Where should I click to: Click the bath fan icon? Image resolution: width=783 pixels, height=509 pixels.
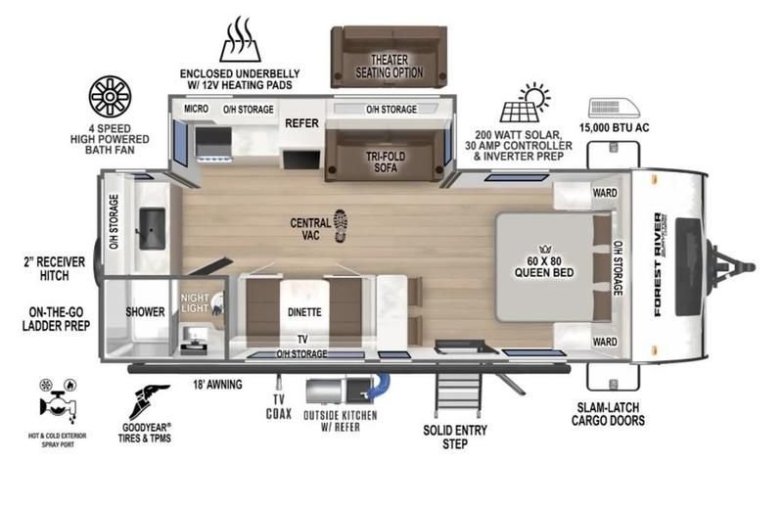coord(110,97)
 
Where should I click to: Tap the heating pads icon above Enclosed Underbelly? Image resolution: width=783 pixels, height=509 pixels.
coord(240,39)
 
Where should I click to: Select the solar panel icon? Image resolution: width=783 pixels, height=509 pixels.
coord(526,103)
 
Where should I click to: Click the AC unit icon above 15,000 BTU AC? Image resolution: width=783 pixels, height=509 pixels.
coord(615,108)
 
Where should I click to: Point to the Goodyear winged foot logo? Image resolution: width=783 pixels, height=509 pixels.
coord(149,401)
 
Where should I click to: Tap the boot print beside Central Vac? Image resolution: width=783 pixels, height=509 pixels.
coord(341,226)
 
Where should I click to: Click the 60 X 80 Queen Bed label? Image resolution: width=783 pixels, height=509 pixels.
coord(544,267)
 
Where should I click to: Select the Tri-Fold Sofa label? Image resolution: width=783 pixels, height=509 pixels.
coord(386,162)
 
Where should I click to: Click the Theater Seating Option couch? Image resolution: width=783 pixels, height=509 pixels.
coord(389,57)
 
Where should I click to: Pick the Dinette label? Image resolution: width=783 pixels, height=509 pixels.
coord(304,312)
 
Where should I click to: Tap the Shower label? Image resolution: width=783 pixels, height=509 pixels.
coord(145,311)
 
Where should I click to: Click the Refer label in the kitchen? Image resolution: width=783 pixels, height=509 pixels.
coord(301,123)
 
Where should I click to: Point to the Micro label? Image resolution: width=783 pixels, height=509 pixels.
coord(197,109)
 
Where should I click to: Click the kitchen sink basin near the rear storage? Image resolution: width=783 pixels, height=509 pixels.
coord(152,228)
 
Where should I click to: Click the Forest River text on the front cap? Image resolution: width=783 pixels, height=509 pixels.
coord(659,264)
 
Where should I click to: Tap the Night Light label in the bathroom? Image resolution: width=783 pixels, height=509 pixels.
coord(195,302)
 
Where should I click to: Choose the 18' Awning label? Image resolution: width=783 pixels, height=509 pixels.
coord(217,384)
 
